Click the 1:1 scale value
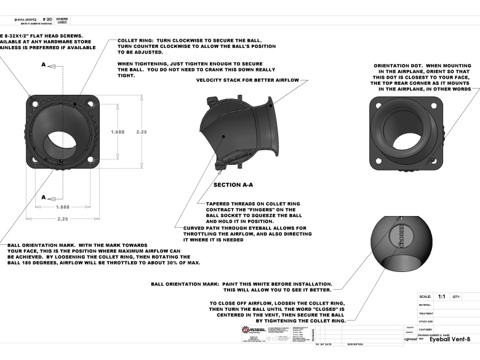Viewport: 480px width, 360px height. pos(441,296)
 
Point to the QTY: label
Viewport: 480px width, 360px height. pos(457,296)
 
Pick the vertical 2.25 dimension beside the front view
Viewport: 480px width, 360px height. pos(141,132)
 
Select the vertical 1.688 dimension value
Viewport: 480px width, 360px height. pos(118,132)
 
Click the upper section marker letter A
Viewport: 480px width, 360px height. pos(44,64)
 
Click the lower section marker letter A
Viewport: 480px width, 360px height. pos(44,198)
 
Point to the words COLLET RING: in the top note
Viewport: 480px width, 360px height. pos(135,41)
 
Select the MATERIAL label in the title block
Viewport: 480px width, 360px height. pos(425,305)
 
